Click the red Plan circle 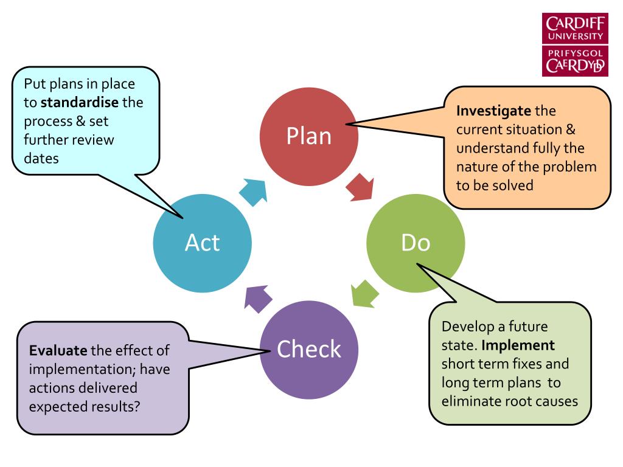[309, 137]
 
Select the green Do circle [416, 243]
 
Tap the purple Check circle [309, 350]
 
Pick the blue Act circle [202, 243]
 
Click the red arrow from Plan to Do [360, 187]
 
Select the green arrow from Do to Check [365, 294]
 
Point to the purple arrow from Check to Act [258, 299]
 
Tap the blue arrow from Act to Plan [253, 192]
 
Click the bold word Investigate [493, 111]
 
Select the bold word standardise [80, 102]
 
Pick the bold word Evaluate [58, 351]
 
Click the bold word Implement [518, 345]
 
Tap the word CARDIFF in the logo [576, 24]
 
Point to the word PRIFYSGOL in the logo [576, 54]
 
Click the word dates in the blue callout [41, 159]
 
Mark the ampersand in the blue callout [81, 121]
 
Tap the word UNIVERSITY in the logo [576, 36]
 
